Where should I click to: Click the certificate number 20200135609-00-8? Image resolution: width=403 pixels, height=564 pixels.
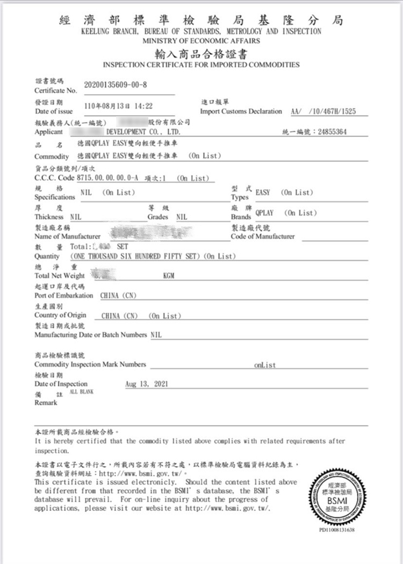point(116,85)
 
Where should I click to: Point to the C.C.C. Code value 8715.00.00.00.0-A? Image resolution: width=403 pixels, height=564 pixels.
point(108,178)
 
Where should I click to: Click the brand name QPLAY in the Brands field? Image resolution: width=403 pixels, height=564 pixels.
point(264,213)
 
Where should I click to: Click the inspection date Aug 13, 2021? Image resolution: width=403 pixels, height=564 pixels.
point(146,384)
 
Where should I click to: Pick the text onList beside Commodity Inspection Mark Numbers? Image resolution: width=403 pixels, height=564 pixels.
point(265,365)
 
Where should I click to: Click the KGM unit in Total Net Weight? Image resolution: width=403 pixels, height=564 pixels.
point(169,276)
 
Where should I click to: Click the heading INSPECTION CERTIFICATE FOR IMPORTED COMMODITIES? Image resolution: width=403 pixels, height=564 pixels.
point(201,65)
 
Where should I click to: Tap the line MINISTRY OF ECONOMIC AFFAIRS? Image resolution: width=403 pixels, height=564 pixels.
point(201,41)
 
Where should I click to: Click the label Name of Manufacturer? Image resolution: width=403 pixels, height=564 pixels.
point(67,237)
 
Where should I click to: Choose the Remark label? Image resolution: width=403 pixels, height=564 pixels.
point(46,403)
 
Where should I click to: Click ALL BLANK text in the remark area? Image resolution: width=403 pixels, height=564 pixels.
point(82,392)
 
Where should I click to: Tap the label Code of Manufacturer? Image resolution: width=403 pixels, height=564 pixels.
point(262,237)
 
